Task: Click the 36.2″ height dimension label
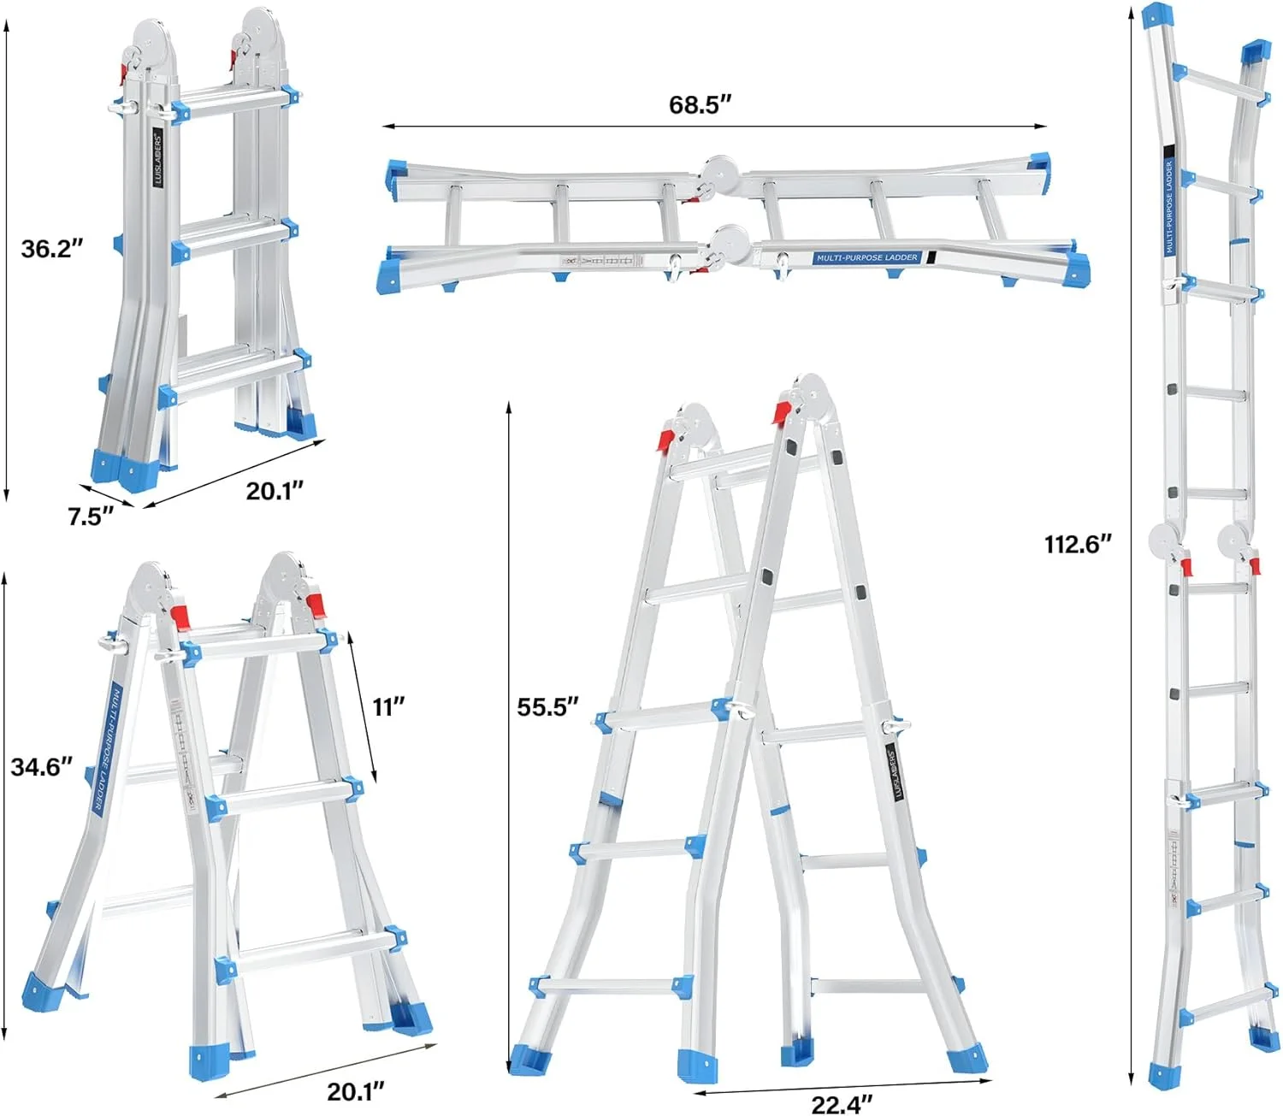(52, 249)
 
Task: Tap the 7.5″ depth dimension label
(91, 517)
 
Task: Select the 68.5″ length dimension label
(701, 105)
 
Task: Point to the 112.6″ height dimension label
(1078, 544)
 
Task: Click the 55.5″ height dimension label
(548, 707)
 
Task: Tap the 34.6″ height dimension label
(42, 766)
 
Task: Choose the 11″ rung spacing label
(388, 707)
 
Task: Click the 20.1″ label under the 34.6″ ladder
(356, 1091)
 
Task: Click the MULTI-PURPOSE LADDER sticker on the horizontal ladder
(866, 257)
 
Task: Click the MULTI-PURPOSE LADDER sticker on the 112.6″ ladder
(1169, 207)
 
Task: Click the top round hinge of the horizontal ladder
(719, 169)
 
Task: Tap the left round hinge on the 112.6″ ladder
(1164, 540)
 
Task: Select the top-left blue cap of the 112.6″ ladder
(1157, 15)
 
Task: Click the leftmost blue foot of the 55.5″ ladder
(524, 1060)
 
